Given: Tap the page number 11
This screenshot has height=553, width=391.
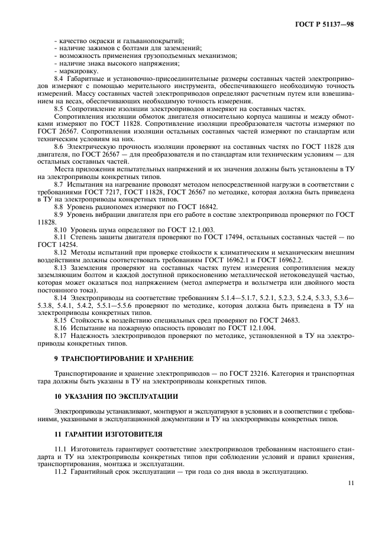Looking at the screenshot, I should (351, 483).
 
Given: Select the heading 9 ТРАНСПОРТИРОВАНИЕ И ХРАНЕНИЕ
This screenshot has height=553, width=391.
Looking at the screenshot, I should (114, 359).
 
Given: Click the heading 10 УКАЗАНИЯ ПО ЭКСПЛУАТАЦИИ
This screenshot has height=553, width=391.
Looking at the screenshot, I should (109, 395).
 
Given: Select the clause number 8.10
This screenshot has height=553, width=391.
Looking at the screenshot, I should (61, 229).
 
